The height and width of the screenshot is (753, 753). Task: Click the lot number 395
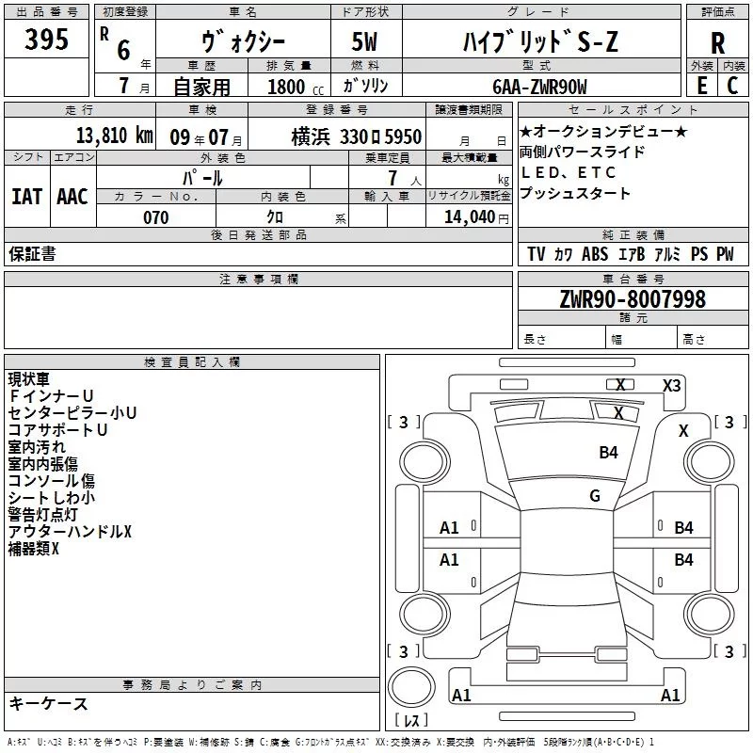tap(46, 40)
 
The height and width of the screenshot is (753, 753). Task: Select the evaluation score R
tap(717, 43)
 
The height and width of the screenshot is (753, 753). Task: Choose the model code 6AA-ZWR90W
tap(539, 87)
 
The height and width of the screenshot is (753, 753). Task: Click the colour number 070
tap(155, 217)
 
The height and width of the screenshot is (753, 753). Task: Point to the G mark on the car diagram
tap(595, 496)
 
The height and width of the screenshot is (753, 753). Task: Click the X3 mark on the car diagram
tap(672, 385)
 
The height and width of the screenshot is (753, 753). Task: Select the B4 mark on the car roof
tap(609, 453)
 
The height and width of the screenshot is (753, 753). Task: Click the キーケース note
tap(49, 703)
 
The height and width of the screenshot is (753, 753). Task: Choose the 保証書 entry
tap(32, 253)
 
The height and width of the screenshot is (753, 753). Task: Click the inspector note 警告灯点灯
tap(46, 514)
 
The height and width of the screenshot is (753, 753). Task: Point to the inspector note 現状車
tap(32, 379)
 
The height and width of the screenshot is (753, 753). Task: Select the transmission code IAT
tap(27, 196)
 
